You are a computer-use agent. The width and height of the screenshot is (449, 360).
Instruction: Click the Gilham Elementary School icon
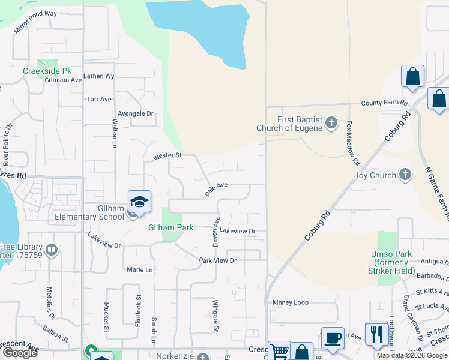click(x=139, y=202)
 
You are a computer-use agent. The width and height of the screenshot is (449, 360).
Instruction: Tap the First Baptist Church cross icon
click(x=331, y=124)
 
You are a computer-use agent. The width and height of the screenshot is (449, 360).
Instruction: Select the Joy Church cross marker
click(x=405, y=175)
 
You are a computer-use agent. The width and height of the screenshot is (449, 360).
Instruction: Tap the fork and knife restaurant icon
click(x=376, y=334)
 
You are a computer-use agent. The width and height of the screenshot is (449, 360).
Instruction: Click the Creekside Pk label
click(x=43, y=71)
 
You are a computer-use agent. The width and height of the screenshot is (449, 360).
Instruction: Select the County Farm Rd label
click(x=384, y=103)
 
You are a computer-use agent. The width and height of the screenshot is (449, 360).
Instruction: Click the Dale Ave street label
click(x=216, y=190)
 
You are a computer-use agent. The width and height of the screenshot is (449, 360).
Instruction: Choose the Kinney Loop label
click(x=290, y=302)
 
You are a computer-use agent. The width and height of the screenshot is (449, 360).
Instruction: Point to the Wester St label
click(x=167, y=155)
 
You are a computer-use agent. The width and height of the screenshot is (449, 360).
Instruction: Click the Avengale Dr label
click(x=136, y=113)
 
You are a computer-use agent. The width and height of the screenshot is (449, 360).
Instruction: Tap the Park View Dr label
click(x=218, y=260)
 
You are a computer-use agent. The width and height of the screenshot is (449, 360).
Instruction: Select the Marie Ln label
click(x=140, y=270)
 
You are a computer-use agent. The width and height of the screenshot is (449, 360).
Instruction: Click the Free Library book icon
click(x=52, y=250)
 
